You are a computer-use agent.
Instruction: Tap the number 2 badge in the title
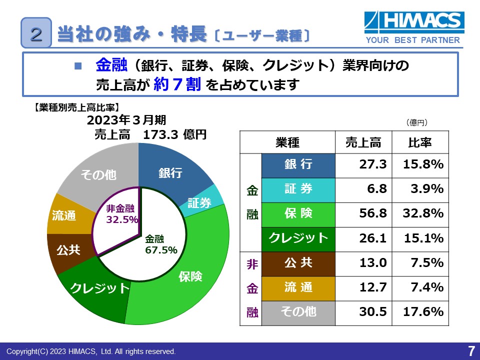36,33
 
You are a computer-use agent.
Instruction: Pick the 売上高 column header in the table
363,142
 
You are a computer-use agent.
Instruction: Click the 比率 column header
420,142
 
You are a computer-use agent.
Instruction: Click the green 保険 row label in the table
298,213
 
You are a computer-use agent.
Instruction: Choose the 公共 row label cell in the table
298,262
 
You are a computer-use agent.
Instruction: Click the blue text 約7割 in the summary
177,84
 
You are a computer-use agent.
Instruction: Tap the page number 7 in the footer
471,350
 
